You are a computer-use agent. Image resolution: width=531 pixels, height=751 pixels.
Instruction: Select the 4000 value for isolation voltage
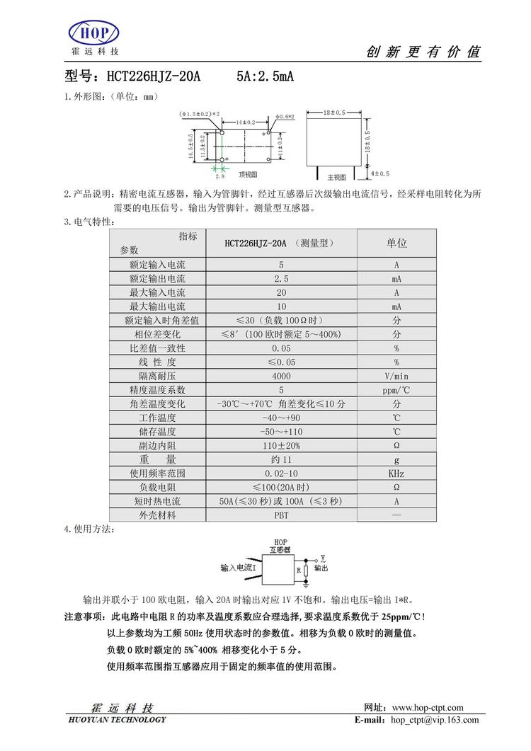coord(281,376)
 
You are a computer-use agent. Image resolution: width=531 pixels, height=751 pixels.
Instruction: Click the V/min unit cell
coord(396,376)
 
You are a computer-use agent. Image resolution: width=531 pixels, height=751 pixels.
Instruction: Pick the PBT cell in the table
coord(281,515)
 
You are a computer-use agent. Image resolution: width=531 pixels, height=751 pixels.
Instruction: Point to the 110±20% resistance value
coord(281,445)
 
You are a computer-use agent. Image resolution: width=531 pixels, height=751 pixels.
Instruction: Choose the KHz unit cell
coord(396,473)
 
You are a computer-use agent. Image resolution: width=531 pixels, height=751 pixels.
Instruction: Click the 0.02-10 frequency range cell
coord(281,473)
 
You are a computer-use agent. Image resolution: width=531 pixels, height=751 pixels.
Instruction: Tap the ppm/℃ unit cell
coord(396,390)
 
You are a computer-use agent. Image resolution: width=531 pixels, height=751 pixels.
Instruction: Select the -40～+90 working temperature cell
coord(281,418)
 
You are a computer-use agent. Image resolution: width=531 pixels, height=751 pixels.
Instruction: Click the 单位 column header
coord(396,243)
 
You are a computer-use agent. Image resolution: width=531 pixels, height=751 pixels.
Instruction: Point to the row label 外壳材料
coord(157,515)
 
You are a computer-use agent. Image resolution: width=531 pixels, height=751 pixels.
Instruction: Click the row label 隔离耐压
coord(157,376)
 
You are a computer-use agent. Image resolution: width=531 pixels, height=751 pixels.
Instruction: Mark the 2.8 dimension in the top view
coord(220,176)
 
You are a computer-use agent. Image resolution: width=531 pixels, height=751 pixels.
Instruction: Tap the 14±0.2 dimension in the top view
coord(246,122)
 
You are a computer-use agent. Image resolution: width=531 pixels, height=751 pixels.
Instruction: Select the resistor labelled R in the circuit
coord(307,568)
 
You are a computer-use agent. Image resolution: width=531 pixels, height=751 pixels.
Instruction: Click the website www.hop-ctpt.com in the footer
coord(427,707)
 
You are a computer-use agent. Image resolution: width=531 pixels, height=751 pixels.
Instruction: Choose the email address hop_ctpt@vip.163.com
coord(435,720)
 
